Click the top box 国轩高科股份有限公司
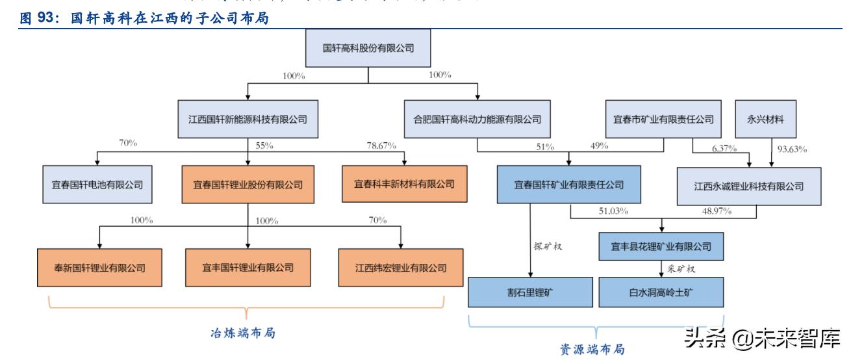point(368,48)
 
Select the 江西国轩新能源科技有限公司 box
point(248,119)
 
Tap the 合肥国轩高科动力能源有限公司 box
point(477,119)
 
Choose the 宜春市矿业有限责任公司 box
point(663,119)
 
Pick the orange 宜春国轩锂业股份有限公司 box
point(248,185)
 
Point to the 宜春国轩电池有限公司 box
point(97,185)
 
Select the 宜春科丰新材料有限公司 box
point(404,185)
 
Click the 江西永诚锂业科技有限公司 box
point(748,186)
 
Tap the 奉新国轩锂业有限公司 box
point(99,267)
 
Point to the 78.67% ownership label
point(381,146)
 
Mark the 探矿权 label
point(547,246)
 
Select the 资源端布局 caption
point(592,349)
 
